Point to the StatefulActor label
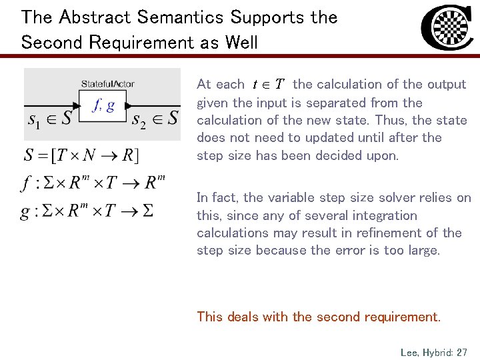[107, 83]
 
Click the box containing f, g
[101, 105]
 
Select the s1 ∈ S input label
[51, 120]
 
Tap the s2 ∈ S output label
[155, 120]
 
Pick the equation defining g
[87, 211]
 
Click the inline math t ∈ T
[268, 85]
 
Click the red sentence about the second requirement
[319, 317]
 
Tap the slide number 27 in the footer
[462, 351]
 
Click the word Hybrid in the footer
[439, 351]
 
